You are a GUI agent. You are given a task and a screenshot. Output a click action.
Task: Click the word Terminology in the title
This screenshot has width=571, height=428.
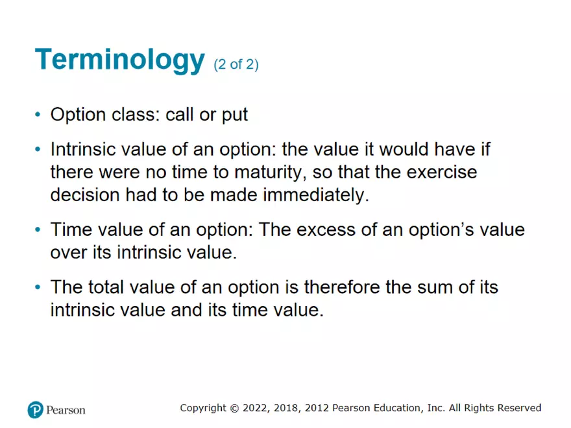pos(120,60)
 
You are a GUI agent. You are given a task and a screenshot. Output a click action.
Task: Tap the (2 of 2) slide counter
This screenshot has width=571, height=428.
pos(236,65)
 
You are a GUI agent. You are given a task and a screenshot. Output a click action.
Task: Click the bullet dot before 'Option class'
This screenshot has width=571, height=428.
pos(38,115)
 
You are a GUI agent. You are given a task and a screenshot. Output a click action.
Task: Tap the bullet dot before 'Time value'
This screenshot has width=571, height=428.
pos(38,230)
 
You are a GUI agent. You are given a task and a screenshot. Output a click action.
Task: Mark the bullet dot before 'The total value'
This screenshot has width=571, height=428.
pos(38,287)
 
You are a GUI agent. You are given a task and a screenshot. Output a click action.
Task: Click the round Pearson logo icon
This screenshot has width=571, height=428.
pos(36,410)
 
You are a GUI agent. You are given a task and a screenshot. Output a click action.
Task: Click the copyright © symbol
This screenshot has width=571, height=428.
pos(234,409)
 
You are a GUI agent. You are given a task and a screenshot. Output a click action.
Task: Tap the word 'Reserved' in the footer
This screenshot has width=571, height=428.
pos(519,408)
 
